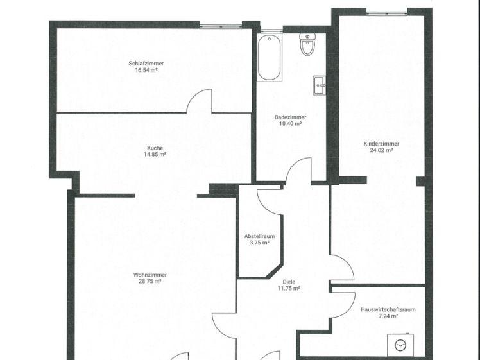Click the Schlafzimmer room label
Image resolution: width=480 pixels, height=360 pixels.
click(x=146, y=63)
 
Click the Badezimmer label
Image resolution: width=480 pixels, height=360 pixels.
click(x=290, y=117)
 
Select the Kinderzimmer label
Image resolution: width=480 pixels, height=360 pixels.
click(x=381, y=144)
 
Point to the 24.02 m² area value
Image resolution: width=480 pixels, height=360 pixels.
click(x=381, y=151)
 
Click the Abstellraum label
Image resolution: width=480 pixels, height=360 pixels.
click(x=259, y=236)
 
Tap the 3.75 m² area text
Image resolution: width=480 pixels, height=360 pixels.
click(x=259, y=243)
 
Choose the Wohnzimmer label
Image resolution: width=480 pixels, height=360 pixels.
click(x=150, y=275)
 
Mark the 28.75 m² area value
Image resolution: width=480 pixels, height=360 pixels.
click(x=150, y=282)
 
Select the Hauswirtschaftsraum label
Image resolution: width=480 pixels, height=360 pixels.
click(x=388, y=309)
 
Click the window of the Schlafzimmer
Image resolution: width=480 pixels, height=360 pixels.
click(x=221, y=25)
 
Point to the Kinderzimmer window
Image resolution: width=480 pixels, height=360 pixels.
click(x=386, y=12)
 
